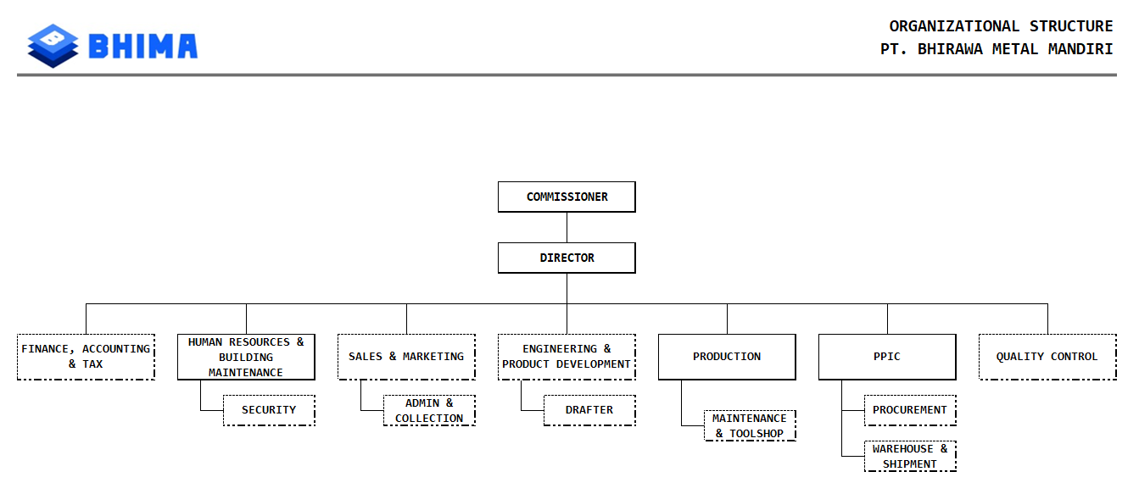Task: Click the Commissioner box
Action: [x=567, y=197]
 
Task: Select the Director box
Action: [x=567, y=258]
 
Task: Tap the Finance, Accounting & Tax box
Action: [x=86, y=357]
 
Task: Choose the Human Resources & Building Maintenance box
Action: [x=246, y=357]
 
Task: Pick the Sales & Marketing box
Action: [x=406, y=357]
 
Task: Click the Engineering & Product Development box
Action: [x=567, y=357]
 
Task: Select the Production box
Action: [x=727, y=357]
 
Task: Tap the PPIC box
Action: [x=887, y=357]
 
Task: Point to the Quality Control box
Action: [x=1047, y=357]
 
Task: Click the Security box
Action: [x=269, y=410]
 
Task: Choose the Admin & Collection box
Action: [x=429, y=410]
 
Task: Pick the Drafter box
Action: [x=589, y=410]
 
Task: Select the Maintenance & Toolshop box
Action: [x=750, y=425]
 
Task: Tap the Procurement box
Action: [x=910, y=410]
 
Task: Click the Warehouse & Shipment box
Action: [x=910, y=456]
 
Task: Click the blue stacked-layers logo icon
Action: [x=53, y=46]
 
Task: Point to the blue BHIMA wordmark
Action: [x=142, y=47]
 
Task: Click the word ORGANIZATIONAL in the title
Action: [x=954, y=26]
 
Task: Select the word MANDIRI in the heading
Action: [x=1080, y=49]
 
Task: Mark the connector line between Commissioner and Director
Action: [x=567, y=227]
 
